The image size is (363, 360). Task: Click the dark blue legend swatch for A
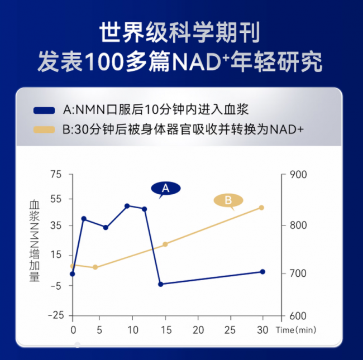click(44, 110)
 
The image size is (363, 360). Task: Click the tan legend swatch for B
click(44, 129)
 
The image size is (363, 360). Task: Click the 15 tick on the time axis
click(165, 330)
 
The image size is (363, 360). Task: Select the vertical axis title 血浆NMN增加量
click(35, 241)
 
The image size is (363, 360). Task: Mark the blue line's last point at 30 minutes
click(262, 272)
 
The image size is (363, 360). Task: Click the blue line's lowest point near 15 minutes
click(160, 284)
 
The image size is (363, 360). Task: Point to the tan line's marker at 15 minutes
click(165, 244)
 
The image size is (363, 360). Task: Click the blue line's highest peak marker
click(127, 206)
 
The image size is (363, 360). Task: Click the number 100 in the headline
click(107, 62)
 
